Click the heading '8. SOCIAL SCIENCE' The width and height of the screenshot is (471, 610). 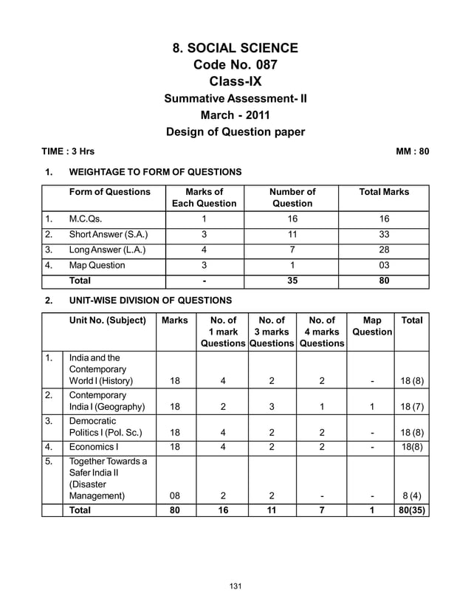[235, 49]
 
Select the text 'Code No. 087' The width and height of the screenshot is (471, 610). [235, 65]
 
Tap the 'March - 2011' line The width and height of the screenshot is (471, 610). [235, 115]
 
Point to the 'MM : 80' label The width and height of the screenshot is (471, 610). [412, 152]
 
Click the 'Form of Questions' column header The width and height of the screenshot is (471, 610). [109, 192]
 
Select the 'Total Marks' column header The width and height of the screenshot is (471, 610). [383, 192]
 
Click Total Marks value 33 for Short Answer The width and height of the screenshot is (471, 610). [383, 235]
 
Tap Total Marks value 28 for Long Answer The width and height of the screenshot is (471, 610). [383, 250]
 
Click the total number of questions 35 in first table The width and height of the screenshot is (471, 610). [292, 281]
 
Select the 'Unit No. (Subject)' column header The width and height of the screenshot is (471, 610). [108, 321]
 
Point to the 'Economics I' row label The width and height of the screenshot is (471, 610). [93, 446]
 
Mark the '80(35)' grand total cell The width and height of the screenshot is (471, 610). [412, 510]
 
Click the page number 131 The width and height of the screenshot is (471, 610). [235, 586]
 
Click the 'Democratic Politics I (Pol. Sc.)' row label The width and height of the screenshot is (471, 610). [104, 426]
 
